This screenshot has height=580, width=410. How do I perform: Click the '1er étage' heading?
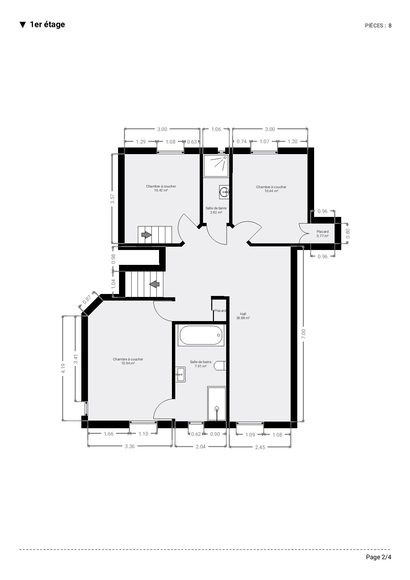coord(47,24)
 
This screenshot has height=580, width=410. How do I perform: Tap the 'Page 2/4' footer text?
coord(379,557)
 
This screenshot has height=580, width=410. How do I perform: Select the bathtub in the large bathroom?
coord(201,335)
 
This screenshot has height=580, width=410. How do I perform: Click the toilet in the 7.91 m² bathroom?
coord(220,366)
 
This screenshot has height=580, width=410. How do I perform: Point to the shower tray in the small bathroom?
coord(216,166)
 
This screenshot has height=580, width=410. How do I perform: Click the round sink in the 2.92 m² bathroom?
coord(224,192)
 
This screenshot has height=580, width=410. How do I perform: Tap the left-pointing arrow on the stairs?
coord(154,284)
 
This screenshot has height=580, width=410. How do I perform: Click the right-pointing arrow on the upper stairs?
coord(146,235)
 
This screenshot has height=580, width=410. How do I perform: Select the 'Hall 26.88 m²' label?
coord(243,316)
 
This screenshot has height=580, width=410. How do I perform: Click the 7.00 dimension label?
coord(304,334)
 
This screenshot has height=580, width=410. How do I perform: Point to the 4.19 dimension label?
coord(63,368)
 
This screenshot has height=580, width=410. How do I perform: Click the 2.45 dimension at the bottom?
coord(260,447)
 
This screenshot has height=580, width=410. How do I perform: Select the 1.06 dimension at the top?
coord(216,129)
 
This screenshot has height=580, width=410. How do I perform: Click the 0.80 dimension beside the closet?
coord(348,233)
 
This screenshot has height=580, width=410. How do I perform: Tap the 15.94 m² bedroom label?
coord(128,361)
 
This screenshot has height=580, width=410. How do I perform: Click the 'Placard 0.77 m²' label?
coord(322,234)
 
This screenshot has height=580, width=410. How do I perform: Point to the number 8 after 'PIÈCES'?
coord(390,26)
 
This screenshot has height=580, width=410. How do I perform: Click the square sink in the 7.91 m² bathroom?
coord(180,375)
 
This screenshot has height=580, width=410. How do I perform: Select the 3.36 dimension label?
coord(130,446)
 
